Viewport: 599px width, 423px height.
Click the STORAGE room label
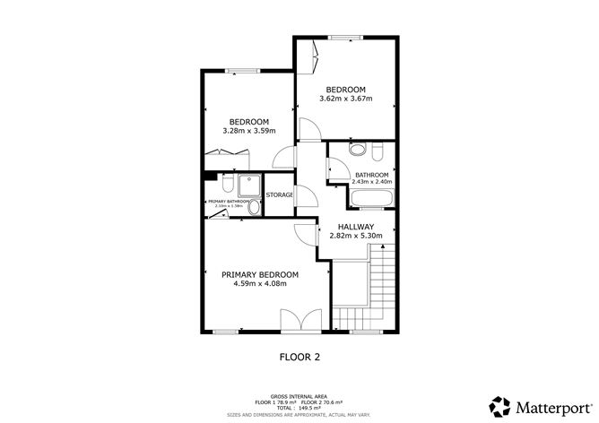(x=279, y=194)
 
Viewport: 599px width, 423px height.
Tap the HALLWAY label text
(x=356, y=226)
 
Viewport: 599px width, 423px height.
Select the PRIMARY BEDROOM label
(x=260, y=274)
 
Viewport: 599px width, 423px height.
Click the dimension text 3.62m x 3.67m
(x=345, y=99)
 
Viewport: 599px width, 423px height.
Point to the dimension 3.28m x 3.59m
(x=248, y=132)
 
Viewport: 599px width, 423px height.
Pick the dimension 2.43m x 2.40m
(x=372, y=182)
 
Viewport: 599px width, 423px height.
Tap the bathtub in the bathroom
(x=369, y=199)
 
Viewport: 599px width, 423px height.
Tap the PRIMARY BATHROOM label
(x=228, y=203)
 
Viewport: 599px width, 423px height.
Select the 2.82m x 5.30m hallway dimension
(x=356, y=237)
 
